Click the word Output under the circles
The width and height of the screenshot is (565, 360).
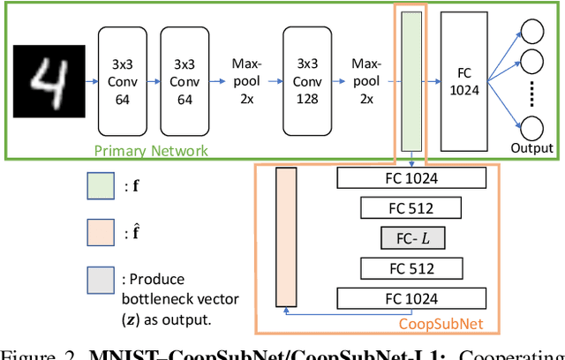pos(531,147)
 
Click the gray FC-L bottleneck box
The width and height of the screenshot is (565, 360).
pos(411,238)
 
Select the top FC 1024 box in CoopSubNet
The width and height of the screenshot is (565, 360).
pos(411,177)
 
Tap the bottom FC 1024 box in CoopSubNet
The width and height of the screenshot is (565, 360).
pos(411,298)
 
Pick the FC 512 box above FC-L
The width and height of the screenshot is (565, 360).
pos(411,208)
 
